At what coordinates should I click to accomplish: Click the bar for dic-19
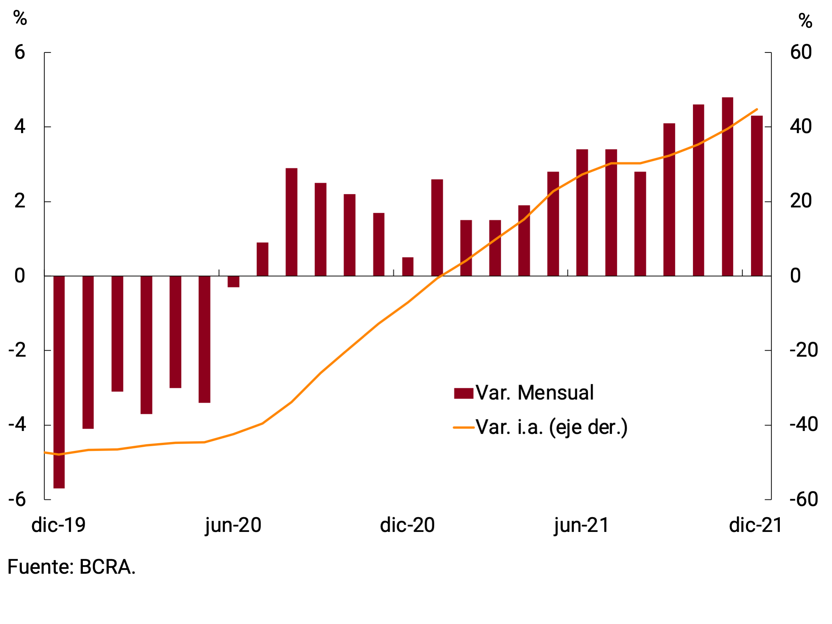tap(59, 382)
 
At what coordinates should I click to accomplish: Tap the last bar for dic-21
tap(757, 196)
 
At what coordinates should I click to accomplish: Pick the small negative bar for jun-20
tap(233, 282)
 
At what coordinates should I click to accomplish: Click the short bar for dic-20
tap(408, 267)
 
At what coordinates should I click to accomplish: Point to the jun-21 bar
tap(582, 213)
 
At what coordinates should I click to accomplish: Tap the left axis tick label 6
tap(20, 52)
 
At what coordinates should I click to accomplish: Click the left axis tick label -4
tap(17, 425)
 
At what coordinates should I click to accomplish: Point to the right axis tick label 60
tap(801, 52)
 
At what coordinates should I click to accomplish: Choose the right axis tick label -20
tap(804, 350)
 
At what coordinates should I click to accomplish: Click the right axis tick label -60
tap(804, 499)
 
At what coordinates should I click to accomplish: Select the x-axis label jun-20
tap(233, 525)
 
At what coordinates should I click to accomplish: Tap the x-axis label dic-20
tap(407, 525)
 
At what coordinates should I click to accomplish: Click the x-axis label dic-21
tap(756, 525)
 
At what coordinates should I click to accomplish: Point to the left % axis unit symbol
tap(20, 18)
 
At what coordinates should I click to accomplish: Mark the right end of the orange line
tap(757, 109)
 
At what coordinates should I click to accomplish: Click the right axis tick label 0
tap(795, 276)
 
